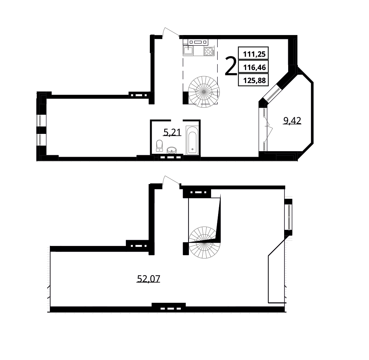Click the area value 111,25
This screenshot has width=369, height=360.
click(x=254, y=54)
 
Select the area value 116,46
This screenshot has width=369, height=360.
click(x=254, y=67)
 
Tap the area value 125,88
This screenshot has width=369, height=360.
click(x=254, y=81)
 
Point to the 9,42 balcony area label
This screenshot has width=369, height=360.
click(x=292, y=121)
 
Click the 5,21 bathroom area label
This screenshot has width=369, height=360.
click(x=172, y=133)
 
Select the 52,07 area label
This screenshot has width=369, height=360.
click(x=148, y=279)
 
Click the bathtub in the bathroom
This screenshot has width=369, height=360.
click(x=193, y=141)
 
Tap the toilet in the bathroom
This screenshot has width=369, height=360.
click(x=159, y=146)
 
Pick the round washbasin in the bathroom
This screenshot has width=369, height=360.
click(x=172, y=150)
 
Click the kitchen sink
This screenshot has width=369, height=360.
click(x=188, y=51)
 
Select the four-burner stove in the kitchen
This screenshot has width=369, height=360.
click(x=209, y=51)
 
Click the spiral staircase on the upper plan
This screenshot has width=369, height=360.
click(x=204, y=92)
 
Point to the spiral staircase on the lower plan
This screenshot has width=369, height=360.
click(x=204, y=242)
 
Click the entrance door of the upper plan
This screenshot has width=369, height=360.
click(x=170, y=32)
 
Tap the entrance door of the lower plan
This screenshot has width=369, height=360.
click(x=171, y=181)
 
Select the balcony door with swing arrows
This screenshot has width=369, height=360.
click(x=265, y=129)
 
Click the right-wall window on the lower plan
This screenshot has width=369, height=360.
click(x=289, y=217)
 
